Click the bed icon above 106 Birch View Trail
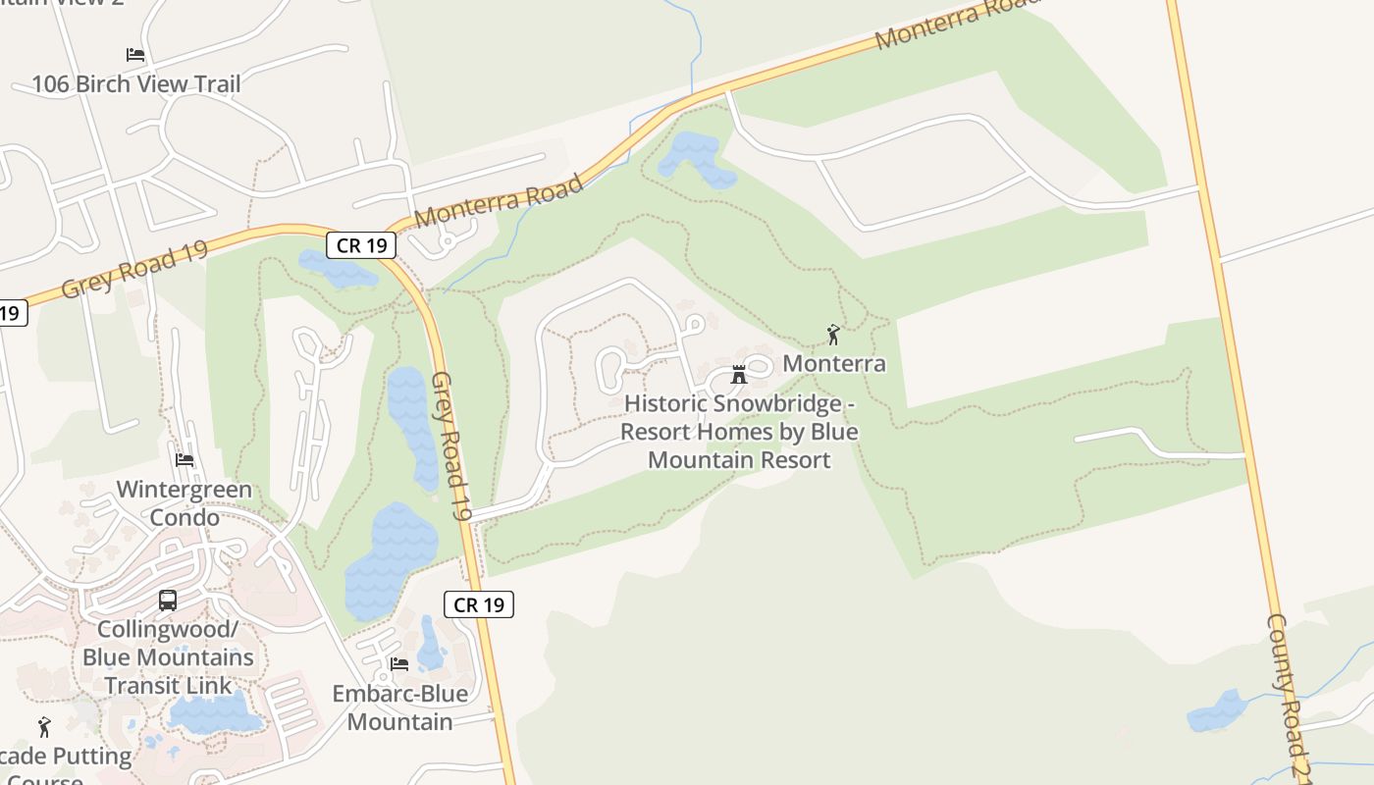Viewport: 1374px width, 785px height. pyautogui.click(x=135, y=55)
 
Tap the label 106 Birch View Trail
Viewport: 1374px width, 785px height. pyautogui.click(x=135, y=84)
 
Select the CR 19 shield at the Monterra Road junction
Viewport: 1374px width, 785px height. pyautogui.click(x=361, y=244)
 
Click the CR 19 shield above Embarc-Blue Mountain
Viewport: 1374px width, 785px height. pyautogui.click(x=479, y=604)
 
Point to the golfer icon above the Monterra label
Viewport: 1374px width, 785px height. pyautogui.click(x=833, y=335)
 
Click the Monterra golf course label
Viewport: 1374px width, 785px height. pyautogui.click(x=833, y=364)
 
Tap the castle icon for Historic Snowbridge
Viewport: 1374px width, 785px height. pyautogui.click(x=739, y=375)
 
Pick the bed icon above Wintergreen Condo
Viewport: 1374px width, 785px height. pyautogui.click(x=185, y=459)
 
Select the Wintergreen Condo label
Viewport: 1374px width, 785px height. pyautogui.click(x=185, y=503)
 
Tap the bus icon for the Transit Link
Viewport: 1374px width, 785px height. pyautogui.click(x=168, y=600)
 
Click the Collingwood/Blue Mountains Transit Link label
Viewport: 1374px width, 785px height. pyautogui.click(x=168, y=656)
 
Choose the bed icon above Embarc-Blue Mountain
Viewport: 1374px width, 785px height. pyautogui.click(x=399, y=663)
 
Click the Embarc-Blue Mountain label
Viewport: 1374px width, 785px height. pyautogui.click(x=399, y=707)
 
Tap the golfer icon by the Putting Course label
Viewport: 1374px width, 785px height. pyautogui.click(x=44, y=727)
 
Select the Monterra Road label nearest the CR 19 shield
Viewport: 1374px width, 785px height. pyautogui.click(x=500, y=201)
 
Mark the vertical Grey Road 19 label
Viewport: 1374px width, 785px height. pyautogui.click(x=451, y=446)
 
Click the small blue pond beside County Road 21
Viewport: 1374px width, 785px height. pyautogui.click(x=1217, y=710)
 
